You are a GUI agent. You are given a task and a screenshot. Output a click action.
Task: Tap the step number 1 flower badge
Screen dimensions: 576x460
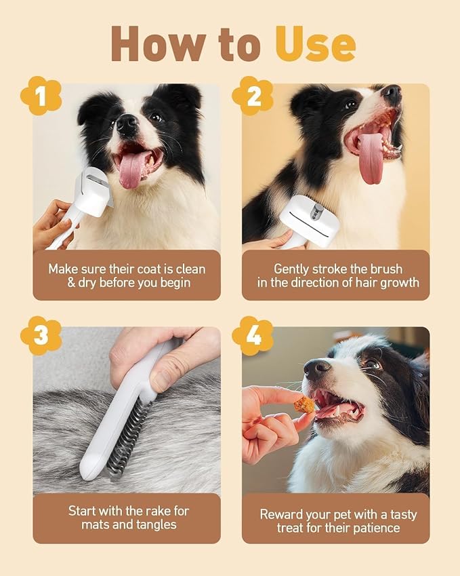point(39,97)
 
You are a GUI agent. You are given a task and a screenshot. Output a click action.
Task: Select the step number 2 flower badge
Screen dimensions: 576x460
point(253,96)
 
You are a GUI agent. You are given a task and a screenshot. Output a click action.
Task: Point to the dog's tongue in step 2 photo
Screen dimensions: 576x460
point(371,159)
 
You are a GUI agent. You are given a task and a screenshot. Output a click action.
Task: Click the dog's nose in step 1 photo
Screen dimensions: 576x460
point(127,123)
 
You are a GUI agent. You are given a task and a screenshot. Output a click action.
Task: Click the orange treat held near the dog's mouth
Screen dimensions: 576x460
point(304,405)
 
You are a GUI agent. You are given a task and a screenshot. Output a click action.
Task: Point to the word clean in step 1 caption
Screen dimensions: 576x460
point(184,269)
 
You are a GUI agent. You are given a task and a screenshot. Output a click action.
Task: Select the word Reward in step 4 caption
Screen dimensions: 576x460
point(280,514)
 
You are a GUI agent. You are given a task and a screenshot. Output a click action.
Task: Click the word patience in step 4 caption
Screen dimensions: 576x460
point(379,528)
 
